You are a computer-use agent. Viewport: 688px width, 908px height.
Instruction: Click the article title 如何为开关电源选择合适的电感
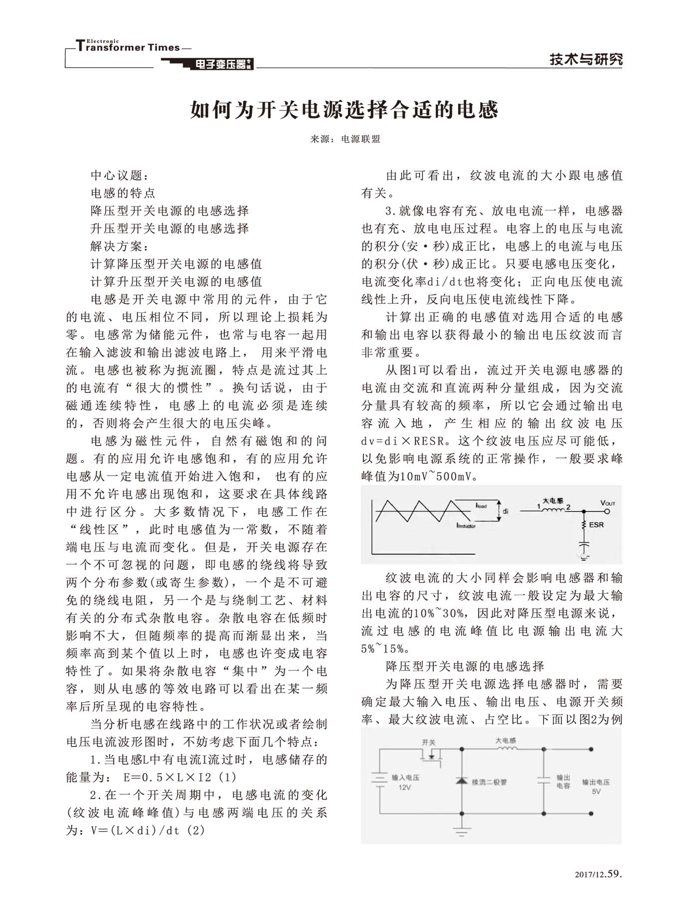(x=344, y=110)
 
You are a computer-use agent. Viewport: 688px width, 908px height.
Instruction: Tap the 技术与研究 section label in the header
(x=586, y=59)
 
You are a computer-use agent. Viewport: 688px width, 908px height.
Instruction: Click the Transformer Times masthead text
(x=129, y=47)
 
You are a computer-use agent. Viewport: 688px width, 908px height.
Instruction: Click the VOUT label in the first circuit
(x=608, y=503)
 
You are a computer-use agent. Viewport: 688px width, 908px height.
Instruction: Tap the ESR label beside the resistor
(x=596, y=525)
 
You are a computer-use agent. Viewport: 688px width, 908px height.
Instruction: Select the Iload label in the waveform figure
(x=481, y=506)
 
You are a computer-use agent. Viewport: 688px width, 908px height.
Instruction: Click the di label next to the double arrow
(x=506, y=511)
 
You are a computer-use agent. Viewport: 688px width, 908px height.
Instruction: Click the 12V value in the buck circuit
(x=404, y=787)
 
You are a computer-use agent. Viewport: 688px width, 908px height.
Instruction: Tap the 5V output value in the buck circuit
(x=596, y=791)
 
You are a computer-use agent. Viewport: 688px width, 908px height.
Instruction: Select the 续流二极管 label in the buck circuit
(x=489, y=782)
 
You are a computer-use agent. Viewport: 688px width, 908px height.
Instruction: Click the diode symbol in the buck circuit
(x=462, y=780)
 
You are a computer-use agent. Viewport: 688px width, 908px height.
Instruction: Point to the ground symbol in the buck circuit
(x=462, y=832)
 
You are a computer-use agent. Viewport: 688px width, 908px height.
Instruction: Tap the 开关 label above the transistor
(x=429, y=742)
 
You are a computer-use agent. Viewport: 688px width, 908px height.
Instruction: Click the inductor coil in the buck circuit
(x=506, y=748)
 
